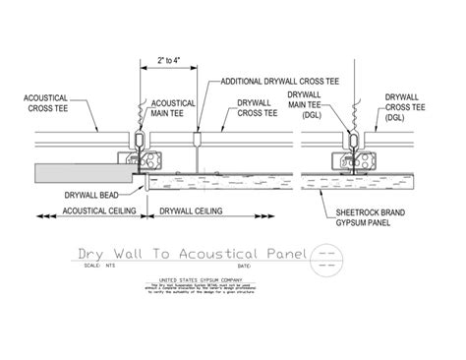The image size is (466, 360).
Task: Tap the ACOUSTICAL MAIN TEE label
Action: coord(169,104)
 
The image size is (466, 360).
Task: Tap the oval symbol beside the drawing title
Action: coord(325,258)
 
